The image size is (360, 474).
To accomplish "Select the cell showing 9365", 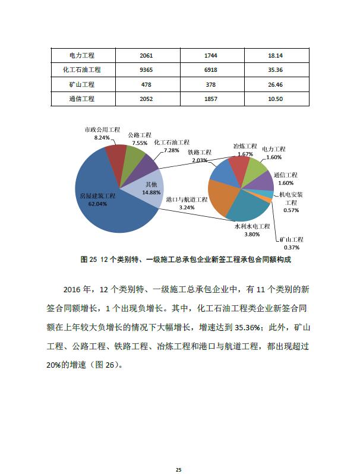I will pos(146,70).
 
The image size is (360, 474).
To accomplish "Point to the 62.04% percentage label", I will pos(97,203).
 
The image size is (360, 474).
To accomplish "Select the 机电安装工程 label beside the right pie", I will pos(291,198).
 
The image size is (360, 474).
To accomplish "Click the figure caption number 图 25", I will pos(88,260).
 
